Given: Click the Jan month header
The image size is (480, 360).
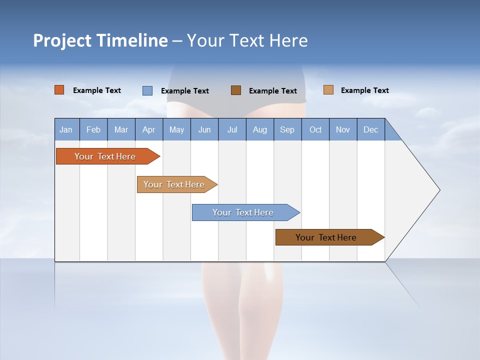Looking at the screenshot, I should point(66,129).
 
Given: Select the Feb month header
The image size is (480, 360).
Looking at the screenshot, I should point(93,129).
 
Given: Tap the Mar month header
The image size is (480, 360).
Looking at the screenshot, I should point(121,129).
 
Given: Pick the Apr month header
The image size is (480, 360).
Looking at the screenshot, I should point(149,129).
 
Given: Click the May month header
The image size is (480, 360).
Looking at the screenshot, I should point(176,129).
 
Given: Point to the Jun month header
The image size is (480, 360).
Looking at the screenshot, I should point(204,129).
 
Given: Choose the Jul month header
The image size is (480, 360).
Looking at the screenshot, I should point(232,129).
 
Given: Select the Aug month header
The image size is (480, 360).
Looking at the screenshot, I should point(260,129).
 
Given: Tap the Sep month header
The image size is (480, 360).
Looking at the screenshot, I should point(287,129).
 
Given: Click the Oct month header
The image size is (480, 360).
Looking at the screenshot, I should point(315,129).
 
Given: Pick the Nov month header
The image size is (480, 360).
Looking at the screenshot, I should point(343,129).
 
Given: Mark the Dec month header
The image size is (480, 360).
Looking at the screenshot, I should point(371,129).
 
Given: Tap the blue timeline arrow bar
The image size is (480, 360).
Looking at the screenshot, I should point(243,212).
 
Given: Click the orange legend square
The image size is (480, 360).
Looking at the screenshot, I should point(59,90).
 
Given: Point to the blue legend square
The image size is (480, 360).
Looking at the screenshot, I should point(147,90).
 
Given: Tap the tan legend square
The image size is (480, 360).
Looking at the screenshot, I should point(328,90).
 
